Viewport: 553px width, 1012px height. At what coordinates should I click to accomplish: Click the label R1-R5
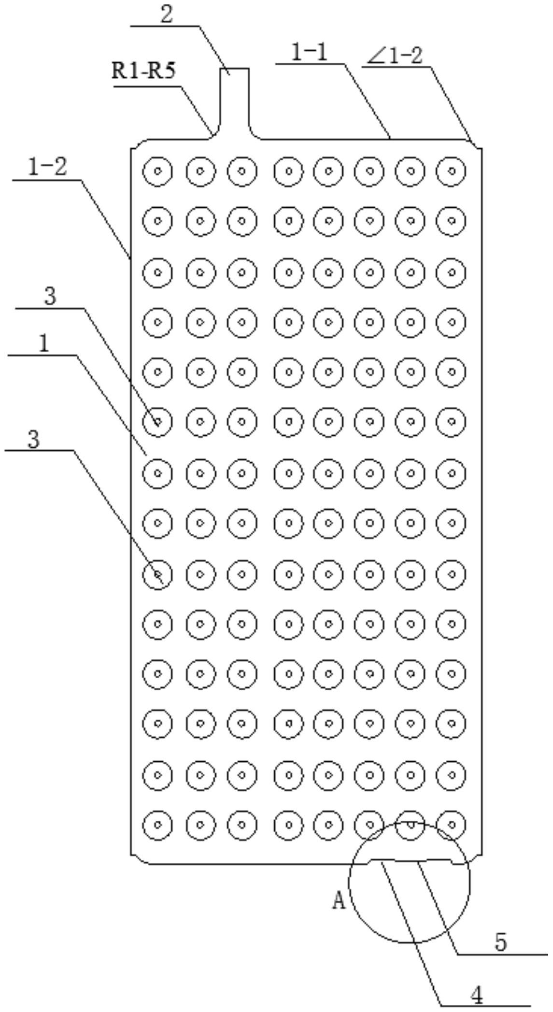coord(143,71)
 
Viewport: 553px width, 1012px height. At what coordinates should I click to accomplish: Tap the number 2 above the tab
coord(166,14)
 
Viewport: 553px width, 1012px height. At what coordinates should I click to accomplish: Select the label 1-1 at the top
coord(309,52)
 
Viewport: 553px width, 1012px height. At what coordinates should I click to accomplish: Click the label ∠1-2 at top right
coord(395,57)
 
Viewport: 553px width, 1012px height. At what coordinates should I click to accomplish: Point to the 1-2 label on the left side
coord(47,168)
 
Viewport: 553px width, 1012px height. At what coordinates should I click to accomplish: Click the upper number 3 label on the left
coord(50,296)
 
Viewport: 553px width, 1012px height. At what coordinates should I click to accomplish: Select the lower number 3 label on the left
coord(33,440)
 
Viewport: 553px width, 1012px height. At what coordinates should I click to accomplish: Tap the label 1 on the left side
coord(44,344)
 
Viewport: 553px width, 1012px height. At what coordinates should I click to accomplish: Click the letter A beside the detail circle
coord(339,900)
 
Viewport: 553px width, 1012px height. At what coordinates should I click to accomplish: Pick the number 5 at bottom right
coord(501,942)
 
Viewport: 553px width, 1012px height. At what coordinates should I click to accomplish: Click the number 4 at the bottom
coord(476,995)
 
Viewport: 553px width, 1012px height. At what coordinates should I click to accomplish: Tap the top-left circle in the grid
coord(157,171)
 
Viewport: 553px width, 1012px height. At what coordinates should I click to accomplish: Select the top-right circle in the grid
coord(451,171)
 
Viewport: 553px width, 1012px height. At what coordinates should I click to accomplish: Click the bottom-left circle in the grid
coord(157,825)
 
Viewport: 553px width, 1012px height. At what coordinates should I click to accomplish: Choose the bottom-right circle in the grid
coord(451,825)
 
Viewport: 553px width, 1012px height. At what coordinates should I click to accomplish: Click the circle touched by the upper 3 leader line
coord(157,422)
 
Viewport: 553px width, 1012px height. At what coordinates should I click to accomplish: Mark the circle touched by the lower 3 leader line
coord(157,574)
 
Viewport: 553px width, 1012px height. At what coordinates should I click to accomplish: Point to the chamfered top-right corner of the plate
coord(477,144)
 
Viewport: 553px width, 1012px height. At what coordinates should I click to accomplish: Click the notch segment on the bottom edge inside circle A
coord(411,860)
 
